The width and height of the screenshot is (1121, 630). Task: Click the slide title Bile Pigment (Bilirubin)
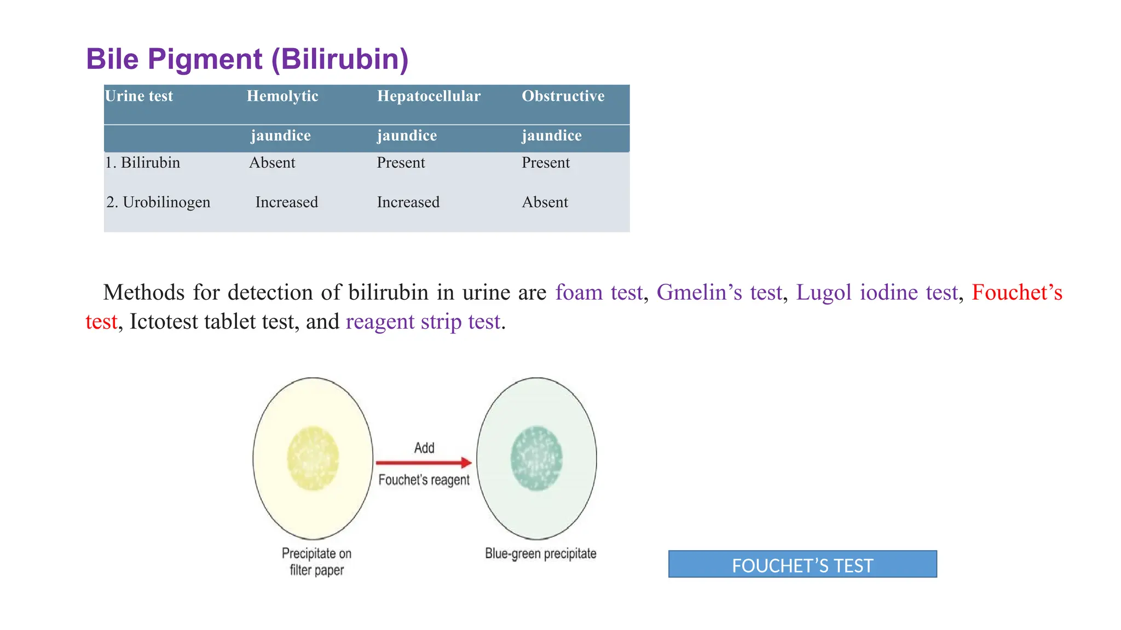coord(247,59)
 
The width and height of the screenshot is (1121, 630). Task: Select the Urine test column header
coord(139,96)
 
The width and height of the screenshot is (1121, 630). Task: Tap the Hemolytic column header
coord(282,96)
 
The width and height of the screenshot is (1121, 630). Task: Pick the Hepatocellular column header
coord(429,96)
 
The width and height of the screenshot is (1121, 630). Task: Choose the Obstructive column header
coord(563,96)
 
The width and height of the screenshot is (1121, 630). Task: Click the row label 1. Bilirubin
coord(143,163)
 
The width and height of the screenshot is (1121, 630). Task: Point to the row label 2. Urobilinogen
coord(158,202)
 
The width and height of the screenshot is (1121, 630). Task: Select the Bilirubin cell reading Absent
coord(272,163)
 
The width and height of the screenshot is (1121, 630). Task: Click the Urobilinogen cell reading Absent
coord(545,202)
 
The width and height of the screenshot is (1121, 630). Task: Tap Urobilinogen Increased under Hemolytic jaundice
coord(286,202)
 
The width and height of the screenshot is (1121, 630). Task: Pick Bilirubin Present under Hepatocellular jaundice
coord(401,163)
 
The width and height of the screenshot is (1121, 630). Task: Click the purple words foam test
coord(599,293)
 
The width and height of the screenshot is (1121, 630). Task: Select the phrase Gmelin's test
coord(719,293)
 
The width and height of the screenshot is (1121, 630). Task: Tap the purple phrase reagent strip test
coord(423,322)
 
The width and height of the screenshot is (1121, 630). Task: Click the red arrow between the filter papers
coord(424,463)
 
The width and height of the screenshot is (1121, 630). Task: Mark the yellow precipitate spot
coord(313,458)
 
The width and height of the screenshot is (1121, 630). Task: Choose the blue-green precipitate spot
coord(536,458)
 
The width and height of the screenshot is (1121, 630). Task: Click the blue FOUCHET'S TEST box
coord(802,564)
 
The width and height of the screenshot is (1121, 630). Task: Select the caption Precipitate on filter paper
coord(316,562)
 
